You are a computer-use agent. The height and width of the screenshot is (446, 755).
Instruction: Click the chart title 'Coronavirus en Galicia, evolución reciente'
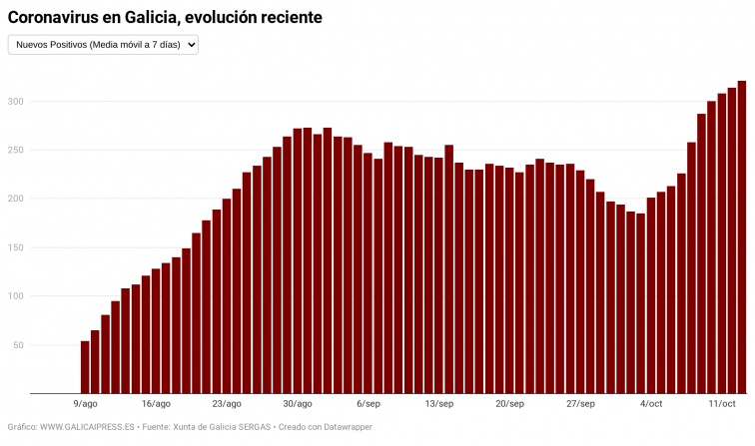[x=165, y=18]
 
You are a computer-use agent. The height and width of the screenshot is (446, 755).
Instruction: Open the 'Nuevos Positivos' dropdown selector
[x=103, y=45]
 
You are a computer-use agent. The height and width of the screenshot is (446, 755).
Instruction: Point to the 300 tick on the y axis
[x=15, y=102]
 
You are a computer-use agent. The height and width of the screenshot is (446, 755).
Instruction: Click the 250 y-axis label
[x=15, y=151]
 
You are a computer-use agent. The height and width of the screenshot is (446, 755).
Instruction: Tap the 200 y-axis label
[x=15, y=200]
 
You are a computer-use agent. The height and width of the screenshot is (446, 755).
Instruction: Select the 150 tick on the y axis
[x=15, y=248]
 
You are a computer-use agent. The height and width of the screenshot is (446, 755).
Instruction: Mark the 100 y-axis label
[x=15, y=296]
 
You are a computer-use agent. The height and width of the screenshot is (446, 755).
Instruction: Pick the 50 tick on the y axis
[x=18, y=345]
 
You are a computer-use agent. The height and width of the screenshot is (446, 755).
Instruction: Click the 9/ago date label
[x=86, y=404]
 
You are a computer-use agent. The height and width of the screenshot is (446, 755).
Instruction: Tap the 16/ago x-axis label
[x=156, y=404]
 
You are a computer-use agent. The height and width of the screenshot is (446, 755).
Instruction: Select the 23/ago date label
[x=227, y=404]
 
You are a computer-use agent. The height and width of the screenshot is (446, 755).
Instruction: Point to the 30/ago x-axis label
[x=298, y=404]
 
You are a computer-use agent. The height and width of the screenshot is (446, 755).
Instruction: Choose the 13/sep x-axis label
[x=439, y=404]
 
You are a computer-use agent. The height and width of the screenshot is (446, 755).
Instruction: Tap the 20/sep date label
[x=509, y=404]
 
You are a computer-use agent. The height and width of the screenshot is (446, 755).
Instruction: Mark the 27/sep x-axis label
[x=580, y=404]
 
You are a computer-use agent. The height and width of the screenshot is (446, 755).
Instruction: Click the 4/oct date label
[x=651, y=404]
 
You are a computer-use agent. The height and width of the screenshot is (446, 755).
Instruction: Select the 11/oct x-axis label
[x=722, y=404]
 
